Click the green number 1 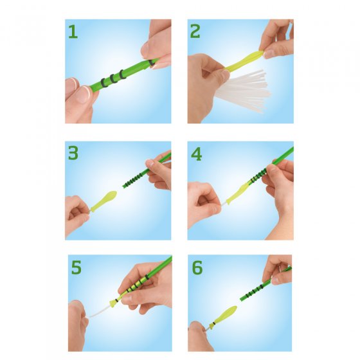pos(73,32)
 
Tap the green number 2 pos(195,32)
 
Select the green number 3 pos(73,154)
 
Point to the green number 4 pos(196,154)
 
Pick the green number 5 pos(76,267)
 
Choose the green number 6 pos(197,267)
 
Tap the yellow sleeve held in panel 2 pos(244,61)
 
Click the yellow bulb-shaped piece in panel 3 pos(104,201)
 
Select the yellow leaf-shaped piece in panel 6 pos(224,315)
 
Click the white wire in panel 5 pos(99,312)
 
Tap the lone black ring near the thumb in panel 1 pos(152,63)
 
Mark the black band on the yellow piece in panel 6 pos(214,324)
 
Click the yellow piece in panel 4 pos(238,192)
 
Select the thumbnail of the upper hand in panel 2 pos(267,54)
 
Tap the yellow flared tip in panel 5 pos(113,303)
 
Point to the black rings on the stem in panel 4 pos(258,175)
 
